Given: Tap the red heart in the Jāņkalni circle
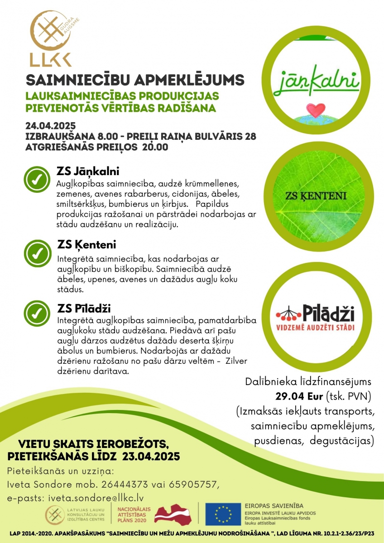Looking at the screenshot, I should click(315, 110).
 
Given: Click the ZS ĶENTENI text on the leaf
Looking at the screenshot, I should click(316, 196).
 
